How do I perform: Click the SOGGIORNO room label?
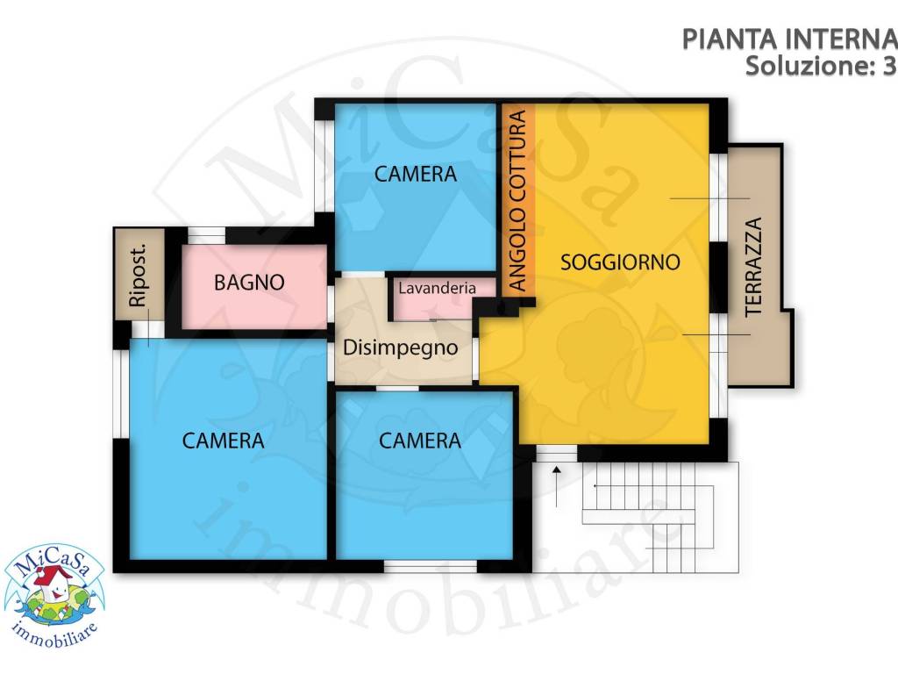pyautogui.click(x=621, y=262)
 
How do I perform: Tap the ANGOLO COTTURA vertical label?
pyautogui.click(x=517, y=200)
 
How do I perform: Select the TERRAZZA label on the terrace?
pyautogui.click(x=753, y=267)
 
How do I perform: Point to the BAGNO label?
pyautogui.click(x=250, y=283)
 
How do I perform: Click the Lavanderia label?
pyautogui.click(x=437, y=288)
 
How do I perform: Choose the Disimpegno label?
pyautogui.click(x=401, y=348)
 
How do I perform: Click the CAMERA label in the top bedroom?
pyautogui.click(x=416, y=175)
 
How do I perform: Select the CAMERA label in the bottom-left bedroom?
pyautogui.click(x=223, y=441)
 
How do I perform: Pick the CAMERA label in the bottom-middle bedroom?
pyautogui.click(x=420, y=441)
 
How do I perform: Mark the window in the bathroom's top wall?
pyautogui.click(x=207, y=235)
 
